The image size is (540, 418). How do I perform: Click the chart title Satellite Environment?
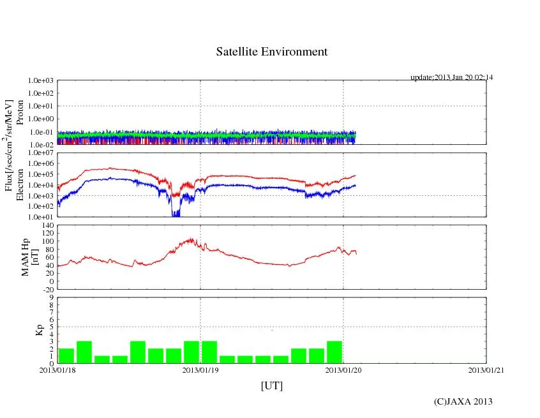tap(271, 52)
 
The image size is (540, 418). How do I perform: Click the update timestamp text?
tap(451, 77)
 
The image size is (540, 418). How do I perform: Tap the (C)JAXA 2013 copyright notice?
tap(463, 401)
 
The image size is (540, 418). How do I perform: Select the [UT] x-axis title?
tap(271, 386)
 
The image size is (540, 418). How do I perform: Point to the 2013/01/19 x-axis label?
tap(200, 369)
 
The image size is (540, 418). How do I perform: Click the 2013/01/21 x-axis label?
tap(486, 369)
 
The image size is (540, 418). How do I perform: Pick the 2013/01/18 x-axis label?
tap(57, 369)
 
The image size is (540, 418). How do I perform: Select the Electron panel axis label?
tap(20, 185)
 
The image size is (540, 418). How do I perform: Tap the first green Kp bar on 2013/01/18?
tap(66, 355)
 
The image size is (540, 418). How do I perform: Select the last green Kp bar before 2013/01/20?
tap(334, 352)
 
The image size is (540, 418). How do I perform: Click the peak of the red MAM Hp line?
tap(190, 240)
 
